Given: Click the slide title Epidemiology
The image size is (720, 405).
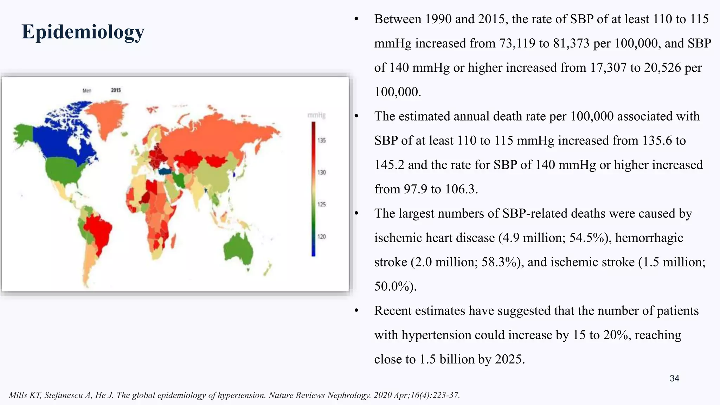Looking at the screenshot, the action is point(83,32).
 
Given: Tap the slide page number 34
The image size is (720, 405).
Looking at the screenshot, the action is point(674,378).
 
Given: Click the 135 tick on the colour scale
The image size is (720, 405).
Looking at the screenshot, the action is point(322,140).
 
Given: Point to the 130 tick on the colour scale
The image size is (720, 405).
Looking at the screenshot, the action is point(322,172).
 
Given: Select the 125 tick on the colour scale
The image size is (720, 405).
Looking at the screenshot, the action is point(322,204).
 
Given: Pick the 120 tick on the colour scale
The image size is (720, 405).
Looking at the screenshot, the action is point(322,237).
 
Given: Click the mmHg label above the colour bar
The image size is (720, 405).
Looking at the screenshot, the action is point(316,115).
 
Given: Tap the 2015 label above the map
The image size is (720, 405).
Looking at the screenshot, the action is point(116,90).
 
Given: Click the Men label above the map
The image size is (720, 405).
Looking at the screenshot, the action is point(87,91).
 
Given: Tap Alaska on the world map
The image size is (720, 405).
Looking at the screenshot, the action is point(24,133).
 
